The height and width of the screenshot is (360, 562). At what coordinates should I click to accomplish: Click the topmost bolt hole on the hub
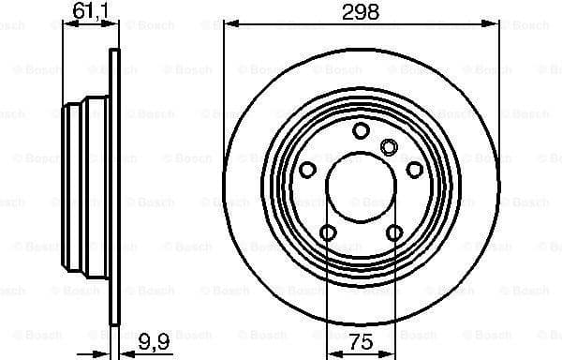click(x=361, y=131)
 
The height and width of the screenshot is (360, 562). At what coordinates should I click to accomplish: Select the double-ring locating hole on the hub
click(x=391, y=145)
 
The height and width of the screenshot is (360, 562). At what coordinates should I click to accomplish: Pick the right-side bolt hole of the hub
click(x=415, y=169)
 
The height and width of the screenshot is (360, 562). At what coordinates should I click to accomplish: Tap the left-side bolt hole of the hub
click(x=307, y=169)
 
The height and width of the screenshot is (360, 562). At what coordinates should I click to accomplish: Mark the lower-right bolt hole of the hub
click(x=394, y=232)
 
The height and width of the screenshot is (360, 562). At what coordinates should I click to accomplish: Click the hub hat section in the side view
click(x=84, y=187)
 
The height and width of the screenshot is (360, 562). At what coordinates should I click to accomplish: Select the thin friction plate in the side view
click(x=115, y=187)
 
